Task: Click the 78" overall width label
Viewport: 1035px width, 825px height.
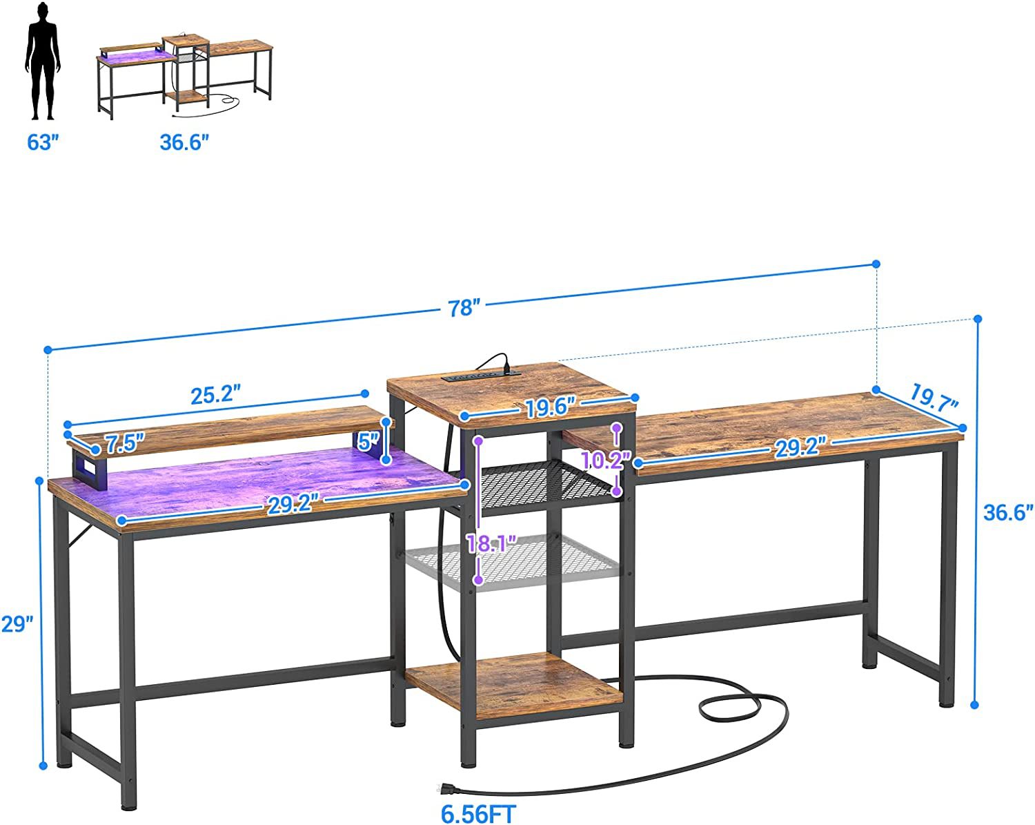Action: (x=464, y=308)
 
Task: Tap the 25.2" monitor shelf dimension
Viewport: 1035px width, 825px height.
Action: (x=215, y=395)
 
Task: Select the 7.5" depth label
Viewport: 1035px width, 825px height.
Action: (x=125, y=443)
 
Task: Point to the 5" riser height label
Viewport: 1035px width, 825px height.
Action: (x=369, y=441)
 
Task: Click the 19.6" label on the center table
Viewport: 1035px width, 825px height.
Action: (x=550, y=409)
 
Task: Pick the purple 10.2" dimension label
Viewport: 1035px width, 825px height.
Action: (x=606, y=460)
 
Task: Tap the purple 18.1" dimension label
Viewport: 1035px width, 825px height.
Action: (x=491, y=544)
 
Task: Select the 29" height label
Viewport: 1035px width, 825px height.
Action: (x=17, y=624)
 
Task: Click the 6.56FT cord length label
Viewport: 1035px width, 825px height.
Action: (x=478, y=814)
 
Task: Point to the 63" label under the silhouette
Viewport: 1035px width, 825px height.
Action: (x=43, y=142)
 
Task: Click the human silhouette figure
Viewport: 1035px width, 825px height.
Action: (x=43, y=61)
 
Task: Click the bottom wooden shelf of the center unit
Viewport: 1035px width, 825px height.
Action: (x=513, y=685)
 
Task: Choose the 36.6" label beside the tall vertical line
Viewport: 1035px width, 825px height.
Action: (x=1008, y=512)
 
